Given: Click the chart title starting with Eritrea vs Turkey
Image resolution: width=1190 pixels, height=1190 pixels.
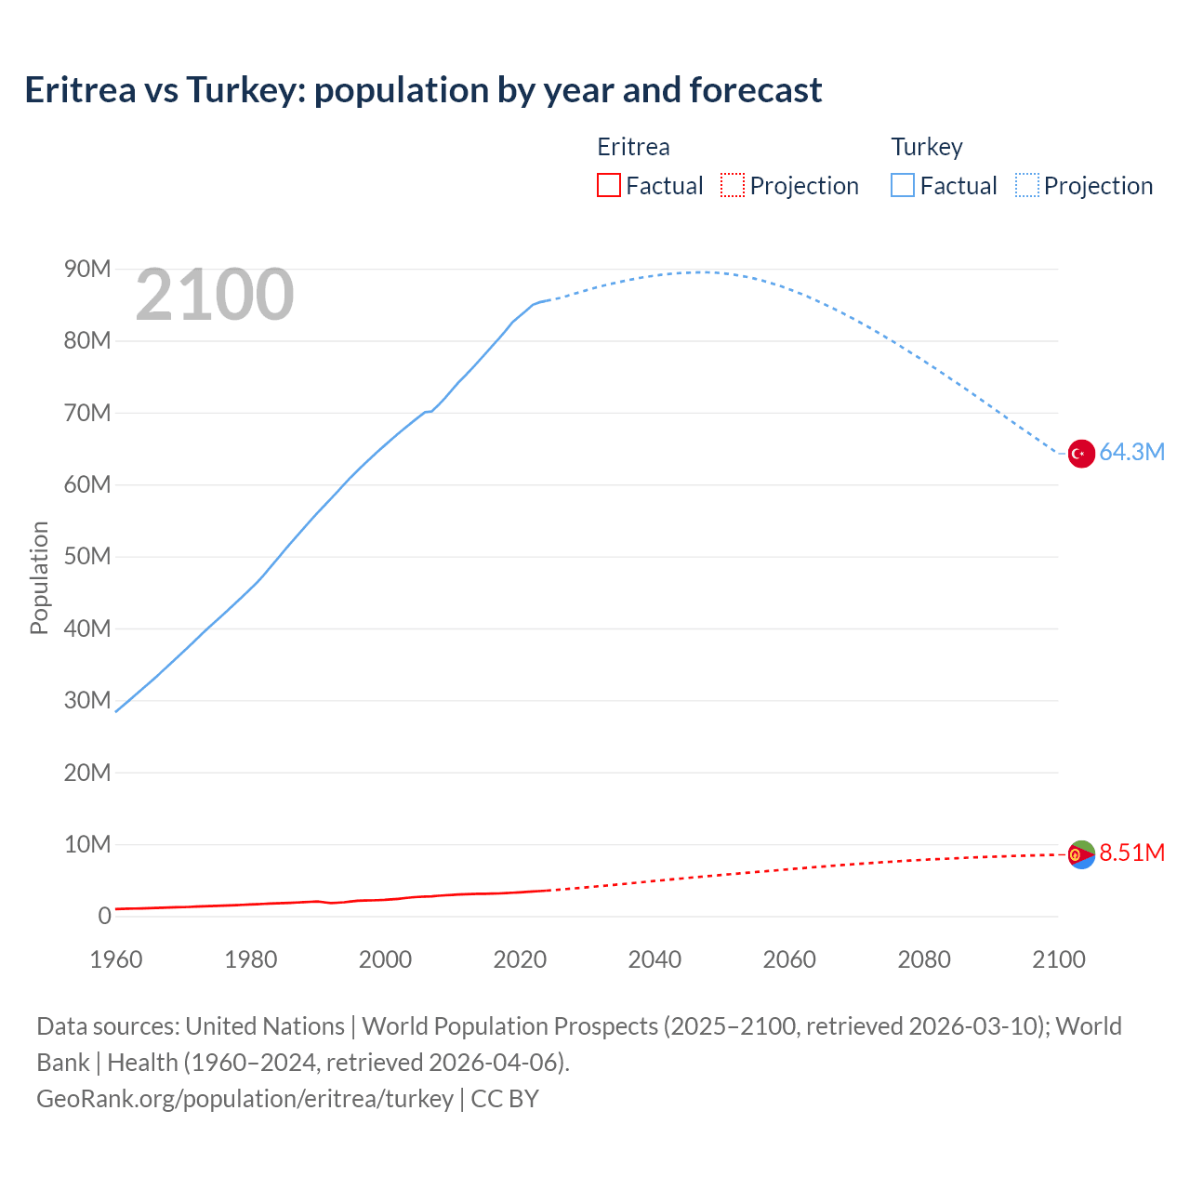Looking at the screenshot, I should click(423, 90).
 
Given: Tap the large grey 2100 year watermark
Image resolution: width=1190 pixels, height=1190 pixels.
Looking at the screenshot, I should click(215, 295).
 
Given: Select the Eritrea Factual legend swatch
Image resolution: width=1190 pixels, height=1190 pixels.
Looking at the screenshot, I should click(608, 185).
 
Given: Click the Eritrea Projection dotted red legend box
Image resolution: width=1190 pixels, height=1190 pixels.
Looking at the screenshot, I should click(733, 185).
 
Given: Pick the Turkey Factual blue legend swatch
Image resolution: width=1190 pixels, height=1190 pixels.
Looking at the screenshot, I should click(902, 185).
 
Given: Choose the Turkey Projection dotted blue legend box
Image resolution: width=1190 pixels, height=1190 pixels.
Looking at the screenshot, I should click(1026, 185).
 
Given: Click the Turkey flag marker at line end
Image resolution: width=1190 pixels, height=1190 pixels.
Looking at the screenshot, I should click(1081, 454).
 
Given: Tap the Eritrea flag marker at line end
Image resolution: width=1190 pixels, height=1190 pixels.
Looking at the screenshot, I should click(1081, 854).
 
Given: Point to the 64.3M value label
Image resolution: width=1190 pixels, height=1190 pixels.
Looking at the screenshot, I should click(1131, 453).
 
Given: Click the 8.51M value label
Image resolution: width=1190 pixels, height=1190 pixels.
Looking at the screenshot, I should click(1131, 853).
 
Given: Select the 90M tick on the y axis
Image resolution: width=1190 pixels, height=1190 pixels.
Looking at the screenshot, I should click(87, 270).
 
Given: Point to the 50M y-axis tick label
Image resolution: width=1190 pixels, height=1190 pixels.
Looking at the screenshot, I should click(87, 557).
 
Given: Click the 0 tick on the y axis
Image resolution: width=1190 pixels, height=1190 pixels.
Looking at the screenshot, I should click(104, 917).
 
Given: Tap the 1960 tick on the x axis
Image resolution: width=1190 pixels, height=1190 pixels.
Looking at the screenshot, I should click(116, 959).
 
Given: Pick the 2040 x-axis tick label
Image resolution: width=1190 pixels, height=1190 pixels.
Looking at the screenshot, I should click(654, 959).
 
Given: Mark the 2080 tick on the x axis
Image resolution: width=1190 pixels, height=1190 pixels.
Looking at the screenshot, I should click(924, 959).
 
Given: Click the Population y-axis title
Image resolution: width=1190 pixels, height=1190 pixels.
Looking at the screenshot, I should click(39, 577).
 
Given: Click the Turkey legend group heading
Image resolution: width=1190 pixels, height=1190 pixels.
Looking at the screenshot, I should click(927, 147).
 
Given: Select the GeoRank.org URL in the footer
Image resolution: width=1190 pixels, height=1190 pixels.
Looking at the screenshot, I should click(245, 1099).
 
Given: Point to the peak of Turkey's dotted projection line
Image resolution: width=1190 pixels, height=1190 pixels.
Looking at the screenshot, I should click(699, 271).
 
